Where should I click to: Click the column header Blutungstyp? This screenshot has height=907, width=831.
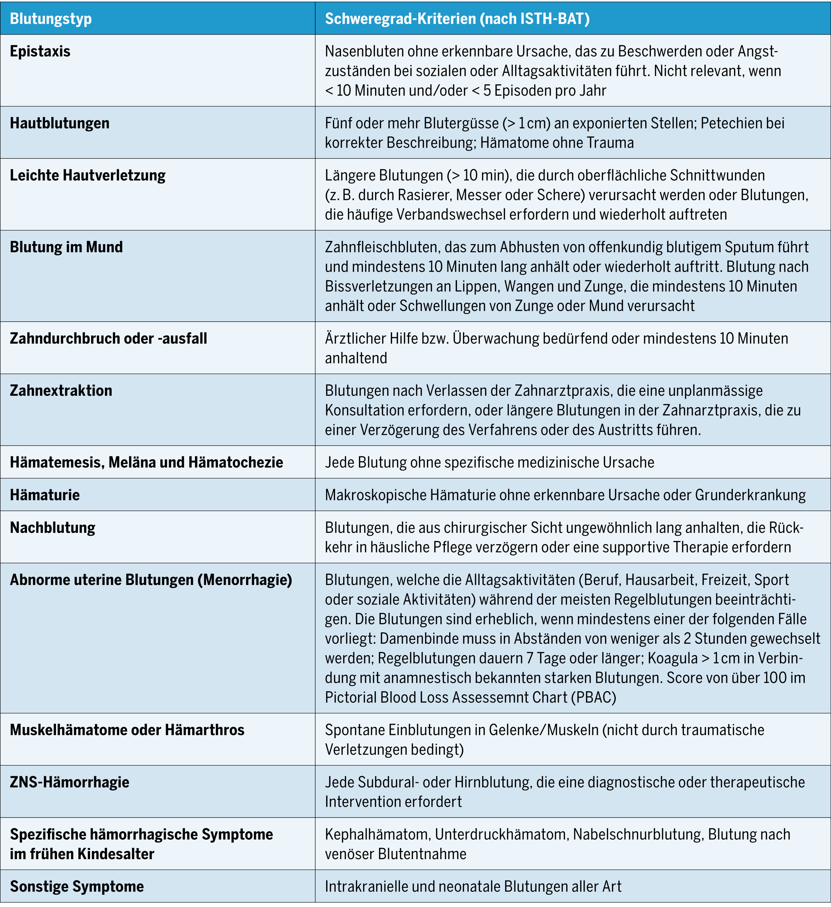[51, 19]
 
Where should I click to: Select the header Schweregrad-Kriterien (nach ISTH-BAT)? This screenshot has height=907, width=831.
[457, 19]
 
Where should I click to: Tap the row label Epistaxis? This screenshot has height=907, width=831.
[40, 52]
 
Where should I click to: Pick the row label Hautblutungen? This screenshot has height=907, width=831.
[60, 123]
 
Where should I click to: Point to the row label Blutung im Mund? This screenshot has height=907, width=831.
[66, 247]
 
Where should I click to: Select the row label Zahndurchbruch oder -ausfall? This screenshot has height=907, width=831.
[108, 338]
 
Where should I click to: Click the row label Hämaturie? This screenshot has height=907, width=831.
[45, 495]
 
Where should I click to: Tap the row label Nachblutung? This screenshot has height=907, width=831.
[53, 528]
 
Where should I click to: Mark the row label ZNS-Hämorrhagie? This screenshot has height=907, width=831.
[70, 782]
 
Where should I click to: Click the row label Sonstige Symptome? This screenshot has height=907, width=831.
[77, 886]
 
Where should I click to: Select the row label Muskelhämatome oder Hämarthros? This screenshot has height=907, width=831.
[127, 730]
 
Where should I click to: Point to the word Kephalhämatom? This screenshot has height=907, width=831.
[377, 834]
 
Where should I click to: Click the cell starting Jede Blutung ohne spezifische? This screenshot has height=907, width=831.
[489, 462]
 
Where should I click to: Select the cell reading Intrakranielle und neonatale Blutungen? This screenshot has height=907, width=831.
[473, 886]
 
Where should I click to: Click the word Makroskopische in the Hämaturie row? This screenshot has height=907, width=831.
[375, 495]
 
